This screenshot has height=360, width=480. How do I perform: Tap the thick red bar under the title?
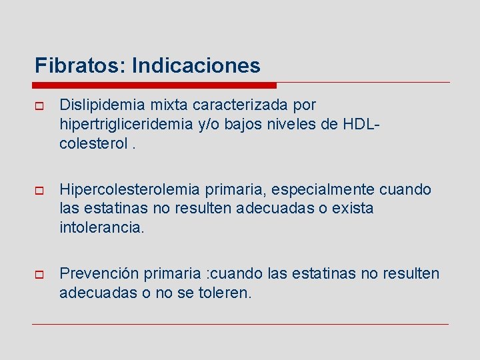pos(154,85)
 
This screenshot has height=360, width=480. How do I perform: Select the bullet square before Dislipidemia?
pos(39,106)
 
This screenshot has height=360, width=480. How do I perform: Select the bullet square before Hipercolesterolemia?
pos(39,191)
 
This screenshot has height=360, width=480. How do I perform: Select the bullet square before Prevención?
pos(39,275)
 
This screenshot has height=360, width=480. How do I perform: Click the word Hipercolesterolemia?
pos(134,190)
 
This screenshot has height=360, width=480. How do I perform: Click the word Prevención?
pos(97,274)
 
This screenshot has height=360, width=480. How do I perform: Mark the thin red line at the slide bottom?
pos(240,324)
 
